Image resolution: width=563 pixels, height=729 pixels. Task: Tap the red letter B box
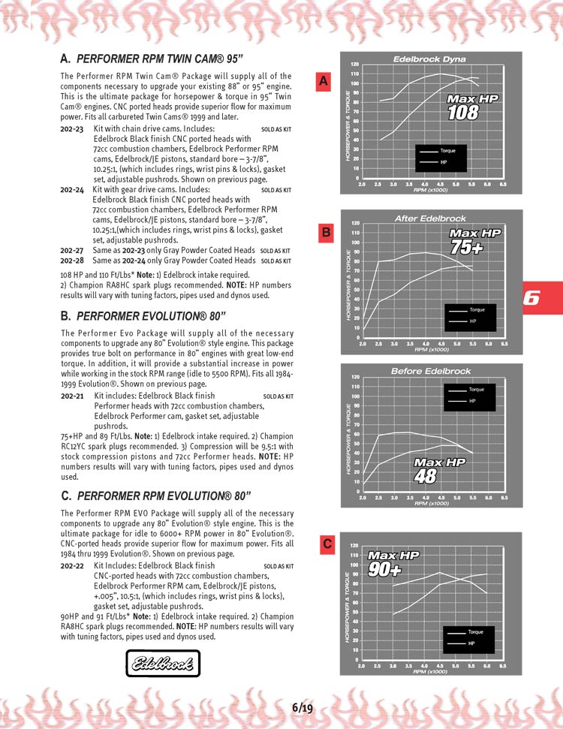pos(327,233)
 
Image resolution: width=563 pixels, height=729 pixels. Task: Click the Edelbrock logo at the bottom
pos(163,663)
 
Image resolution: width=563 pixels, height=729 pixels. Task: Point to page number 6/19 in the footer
pos(303,707)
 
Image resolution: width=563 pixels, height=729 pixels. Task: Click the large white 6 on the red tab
pos(531,297)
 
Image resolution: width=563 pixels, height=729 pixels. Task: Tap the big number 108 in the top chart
pos(463,113)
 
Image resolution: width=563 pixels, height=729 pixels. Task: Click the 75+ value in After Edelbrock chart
pos(466,247)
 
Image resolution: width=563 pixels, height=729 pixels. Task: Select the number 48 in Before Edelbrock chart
pos(426,476)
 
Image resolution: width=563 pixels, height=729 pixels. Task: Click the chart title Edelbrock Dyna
pos(429,59)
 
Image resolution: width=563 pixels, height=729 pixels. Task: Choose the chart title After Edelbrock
pos(430,218)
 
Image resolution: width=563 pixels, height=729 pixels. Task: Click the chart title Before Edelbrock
pos(430,371)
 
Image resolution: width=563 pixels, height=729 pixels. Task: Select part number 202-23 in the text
pos(71,129)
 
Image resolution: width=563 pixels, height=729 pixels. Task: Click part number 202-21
pos(72,396)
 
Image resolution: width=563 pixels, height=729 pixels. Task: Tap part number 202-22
pos(72,566)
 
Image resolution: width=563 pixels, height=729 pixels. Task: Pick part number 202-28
pos(71,261)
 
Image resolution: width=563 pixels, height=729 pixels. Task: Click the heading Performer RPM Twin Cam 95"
pos(160,58)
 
